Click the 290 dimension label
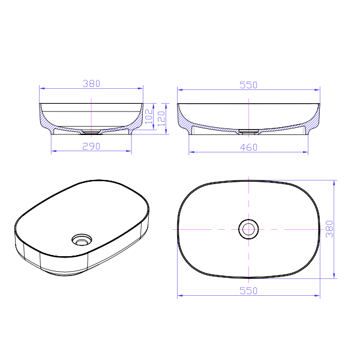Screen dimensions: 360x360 [91, 146]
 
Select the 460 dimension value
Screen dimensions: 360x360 [248, 148]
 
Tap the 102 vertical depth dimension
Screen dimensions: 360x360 [149, 116]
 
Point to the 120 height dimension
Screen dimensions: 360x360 [161, 118]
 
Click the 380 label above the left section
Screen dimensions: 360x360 [91, 83]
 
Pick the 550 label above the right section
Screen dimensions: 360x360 [248, 85]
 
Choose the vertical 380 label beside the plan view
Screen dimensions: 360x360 [329, 229]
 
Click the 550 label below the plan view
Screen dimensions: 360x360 [248, 291]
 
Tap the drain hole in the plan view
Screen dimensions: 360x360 [248, 229]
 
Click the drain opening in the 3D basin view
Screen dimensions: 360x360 [82, 240]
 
